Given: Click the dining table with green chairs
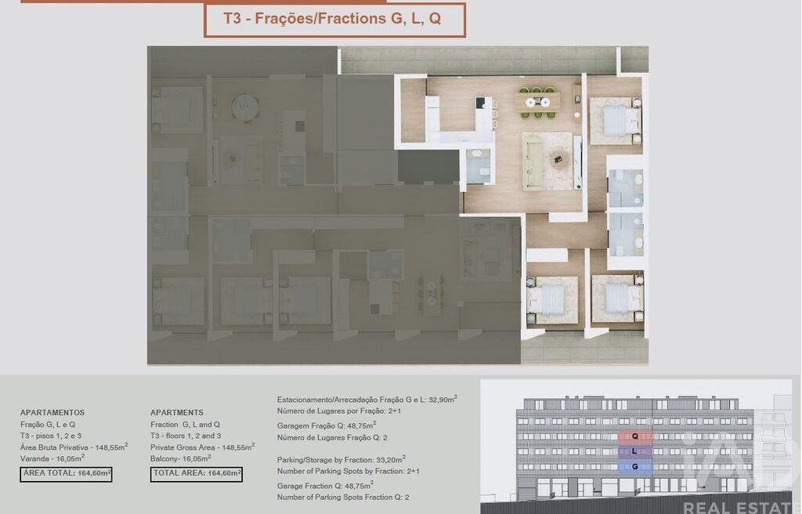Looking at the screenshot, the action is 537,103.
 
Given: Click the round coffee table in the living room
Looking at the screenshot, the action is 558,160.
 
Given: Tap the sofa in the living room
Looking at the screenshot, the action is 533,160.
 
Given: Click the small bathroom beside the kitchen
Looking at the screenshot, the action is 479,166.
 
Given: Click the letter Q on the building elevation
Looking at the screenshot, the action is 634,436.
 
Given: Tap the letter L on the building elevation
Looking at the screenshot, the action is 634,451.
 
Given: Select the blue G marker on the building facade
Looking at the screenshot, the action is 634,467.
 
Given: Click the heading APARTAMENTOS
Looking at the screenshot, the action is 52,413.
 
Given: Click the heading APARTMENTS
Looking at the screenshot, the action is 177,413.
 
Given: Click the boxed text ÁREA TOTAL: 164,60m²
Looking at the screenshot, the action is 66,473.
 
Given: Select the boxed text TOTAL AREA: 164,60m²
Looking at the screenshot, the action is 197,473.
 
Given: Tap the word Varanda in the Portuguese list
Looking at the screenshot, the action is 34,459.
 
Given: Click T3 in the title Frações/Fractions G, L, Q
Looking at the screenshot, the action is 232,19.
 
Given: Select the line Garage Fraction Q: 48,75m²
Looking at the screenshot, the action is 325,485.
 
